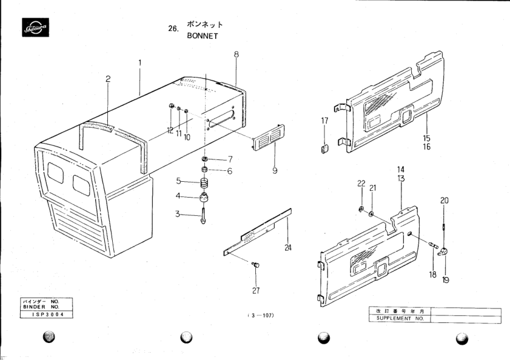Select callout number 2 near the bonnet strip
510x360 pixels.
107,79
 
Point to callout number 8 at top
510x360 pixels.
236,54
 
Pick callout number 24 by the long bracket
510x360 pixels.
287,247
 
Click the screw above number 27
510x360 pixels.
255,265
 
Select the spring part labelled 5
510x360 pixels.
204,182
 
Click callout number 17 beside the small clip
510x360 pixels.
324,121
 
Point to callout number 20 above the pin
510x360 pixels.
444,201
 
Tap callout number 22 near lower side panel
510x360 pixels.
361,184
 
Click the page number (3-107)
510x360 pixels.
261,316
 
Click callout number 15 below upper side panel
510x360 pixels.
427,139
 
